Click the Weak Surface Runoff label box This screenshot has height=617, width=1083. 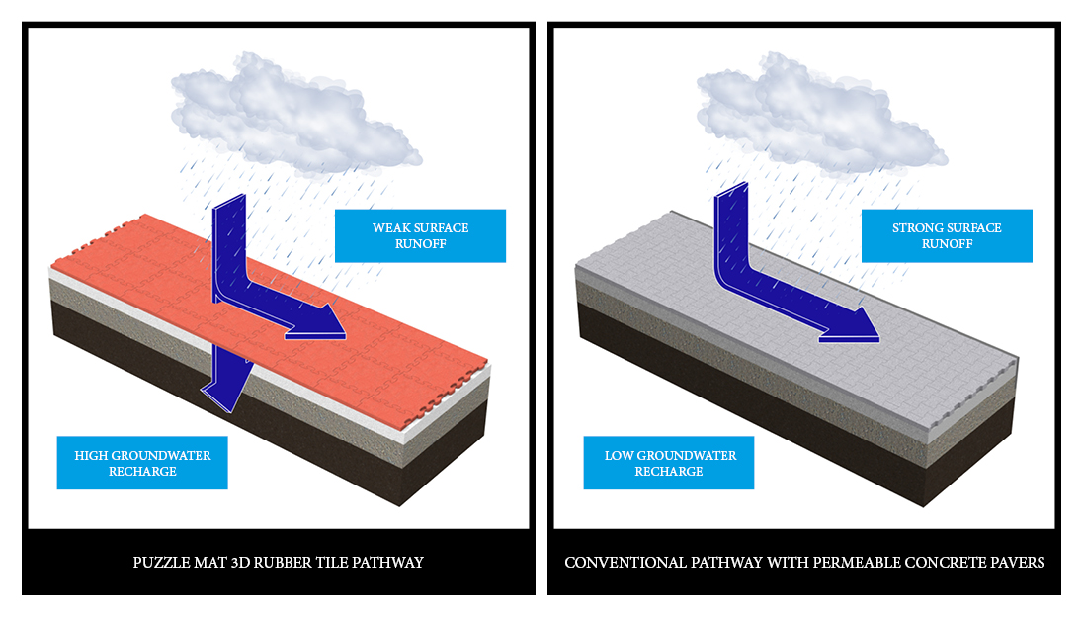[420, 235]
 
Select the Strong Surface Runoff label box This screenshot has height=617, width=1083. [946, 235]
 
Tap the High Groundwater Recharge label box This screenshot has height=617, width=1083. [142, 463]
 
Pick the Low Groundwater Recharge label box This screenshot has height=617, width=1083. [669, 463]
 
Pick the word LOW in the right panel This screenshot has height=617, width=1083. [619, 456]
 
